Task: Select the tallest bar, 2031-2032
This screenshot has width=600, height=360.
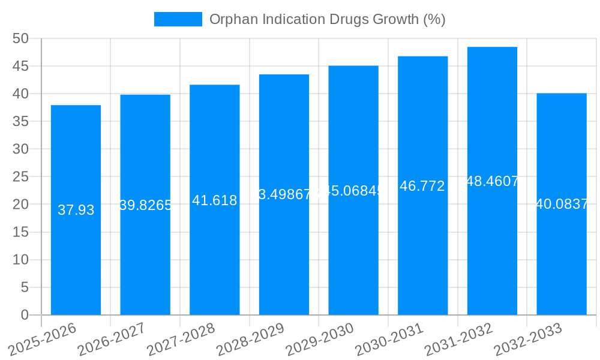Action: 492,252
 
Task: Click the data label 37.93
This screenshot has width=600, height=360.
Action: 76,210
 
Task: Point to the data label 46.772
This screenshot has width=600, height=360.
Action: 422,186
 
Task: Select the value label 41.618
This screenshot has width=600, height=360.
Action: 215,200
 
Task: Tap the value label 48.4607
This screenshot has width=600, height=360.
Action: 492,181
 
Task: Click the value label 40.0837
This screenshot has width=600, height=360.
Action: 562,204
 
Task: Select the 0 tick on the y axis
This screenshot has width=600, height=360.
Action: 25,315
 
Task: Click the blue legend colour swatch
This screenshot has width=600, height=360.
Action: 178,19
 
